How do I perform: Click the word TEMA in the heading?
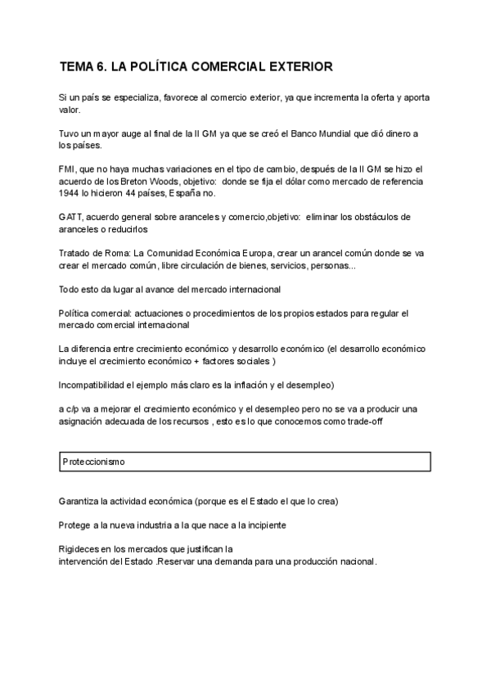[78, 65]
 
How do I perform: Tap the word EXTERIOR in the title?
[298, 65]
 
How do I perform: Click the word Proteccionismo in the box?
[93, 462]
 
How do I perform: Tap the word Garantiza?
[81, 500]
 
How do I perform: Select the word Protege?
[76, 525]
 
